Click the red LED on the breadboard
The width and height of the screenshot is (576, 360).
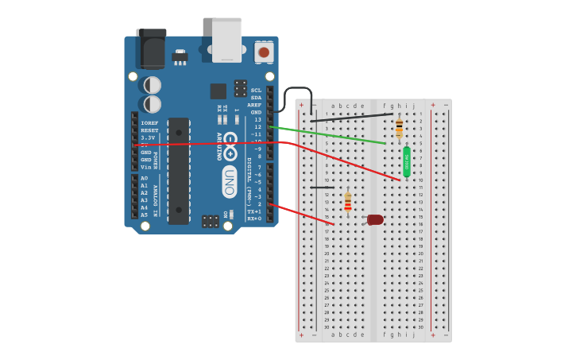(x=375, y=219)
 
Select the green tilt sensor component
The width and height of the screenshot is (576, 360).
(x=407, y=161)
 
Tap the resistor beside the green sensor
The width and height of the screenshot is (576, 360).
(x=399, y=128)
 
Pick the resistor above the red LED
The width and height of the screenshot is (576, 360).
(x=347, y=203)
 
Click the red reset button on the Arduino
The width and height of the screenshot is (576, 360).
(x=264, y=52)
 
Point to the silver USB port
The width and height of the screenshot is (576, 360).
(x=227, y=40)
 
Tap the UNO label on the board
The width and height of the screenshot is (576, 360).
(x=229, y=181)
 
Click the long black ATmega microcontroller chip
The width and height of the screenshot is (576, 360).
(x=179, y=170)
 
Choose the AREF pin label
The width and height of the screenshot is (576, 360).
(x=254, y=105)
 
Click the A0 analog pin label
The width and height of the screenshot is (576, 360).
(x=145, y=178)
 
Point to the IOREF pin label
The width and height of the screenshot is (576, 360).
(x=149, y=123)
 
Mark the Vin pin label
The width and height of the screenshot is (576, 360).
(x=146, y=167)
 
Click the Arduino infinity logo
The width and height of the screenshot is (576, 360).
(x=230, y=144)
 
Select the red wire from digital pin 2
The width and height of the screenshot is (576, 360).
(x=302, y=214)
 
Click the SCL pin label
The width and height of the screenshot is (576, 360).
(x=256, y=91)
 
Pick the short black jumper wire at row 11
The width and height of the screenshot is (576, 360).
(x=323, y=188)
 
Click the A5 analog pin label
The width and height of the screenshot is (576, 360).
(x=145, y=215)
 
